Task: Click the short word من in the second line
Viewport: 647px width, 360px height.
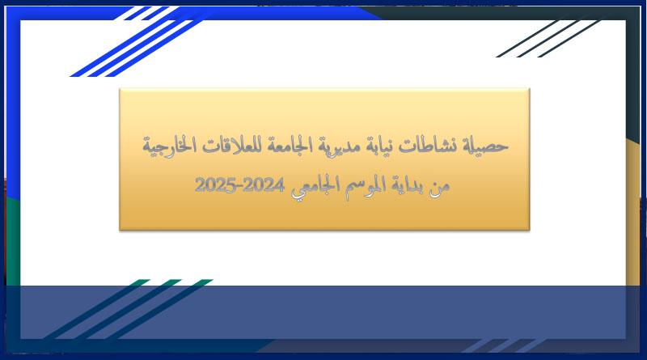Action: (439, 188)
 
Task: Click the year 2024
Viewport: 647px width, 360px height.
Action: (264, 184)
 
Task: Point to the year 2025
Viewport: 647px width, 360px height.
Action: (215, 184)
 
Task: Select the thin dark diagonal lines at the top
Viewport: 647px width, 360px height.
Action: (549, 39)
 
